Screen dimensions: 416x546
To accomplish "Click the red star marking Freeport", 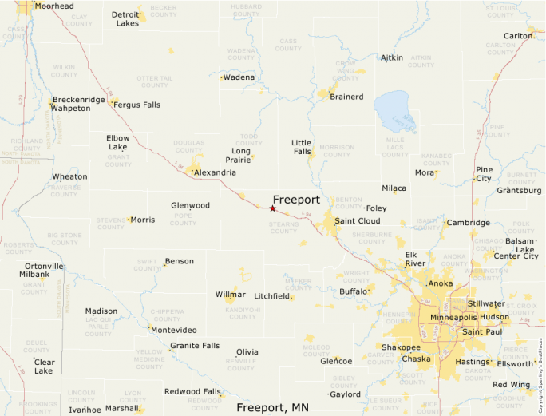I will (272, 208).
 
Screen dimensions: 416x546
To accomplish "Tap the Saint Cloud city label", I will (357, 220).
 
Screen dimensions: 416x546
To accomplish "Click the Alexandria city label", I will (215, 172).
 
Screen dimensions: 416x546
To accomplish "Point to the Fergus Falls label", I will (136, 105).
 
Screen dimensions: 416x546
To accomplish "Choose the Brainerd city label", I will (346, 97).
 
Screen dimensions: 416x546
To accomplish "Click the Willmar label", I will (231, 295).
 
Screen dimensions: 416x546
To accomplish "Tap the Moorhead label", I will (54, 6).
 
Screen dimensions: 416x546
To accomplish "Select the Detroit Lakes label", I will (125, 18).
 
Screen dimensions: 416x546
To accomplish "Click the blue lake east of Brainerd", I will (394, 109).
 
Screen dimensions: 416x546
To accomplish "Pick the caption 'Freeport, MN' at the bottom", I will (272, 407).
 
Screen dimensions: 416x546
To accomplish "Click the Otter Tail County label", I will (154, 81).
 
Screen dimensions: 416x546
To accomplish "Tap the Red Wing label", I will (511, 385).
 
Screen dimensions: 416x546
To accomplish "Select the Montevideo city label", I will (174, 330).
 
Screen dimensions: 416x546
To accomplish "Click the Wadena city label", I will (239, 77).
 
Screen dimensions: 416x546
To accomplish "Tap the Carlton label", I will (519, 36).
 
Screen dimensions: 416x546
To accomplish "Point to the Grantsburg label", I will (519, 191).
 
